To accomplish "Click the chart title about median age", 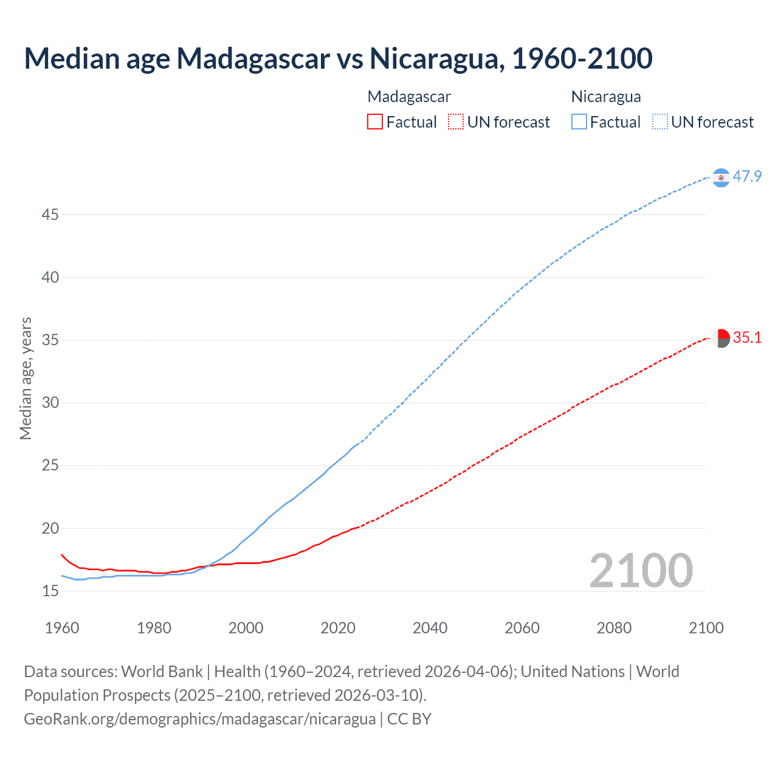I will [x=338, y=58].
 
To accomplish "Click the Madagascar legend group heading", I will [x=409, y=97].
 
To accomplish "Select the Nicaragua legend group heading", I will [x=606, y=97].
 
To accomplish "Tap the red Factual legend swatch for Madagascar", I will [x=375, y=122].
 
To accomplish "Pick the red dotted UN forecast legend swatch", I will [x=456, y=122].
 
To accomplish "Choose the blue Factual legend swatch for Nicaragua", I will [x=579, y=122].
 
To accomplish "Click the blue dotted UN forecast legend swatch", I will [x=659, y=122].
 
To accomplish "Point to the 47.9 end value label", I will [x=747, y=176].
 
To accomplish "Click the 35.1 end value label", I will [x=747, y=337].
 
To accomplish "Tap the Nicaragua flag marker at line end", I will [x=721, y=177].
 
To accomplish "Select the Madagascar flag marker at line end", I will [x=721, y=338].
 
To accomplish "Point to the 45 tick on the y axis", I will [x=50, y=215].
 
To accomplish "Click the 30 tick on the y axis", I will [x=50, y=402].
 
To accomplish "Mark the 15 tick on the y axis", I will [x=50, y=591].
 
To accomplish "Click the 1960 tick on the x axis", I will [x=62, y=628].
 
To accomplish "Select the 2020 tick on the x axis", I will [x=338, y=628].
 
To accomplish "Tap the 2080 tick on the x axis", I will [x=614, y=628].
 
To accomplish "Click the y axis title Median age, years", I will [x=26, y=378].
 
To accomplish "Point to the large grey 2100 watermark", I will [x=641, y=570].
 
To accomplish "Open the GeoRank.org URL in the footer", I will [x=200, y=719].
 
